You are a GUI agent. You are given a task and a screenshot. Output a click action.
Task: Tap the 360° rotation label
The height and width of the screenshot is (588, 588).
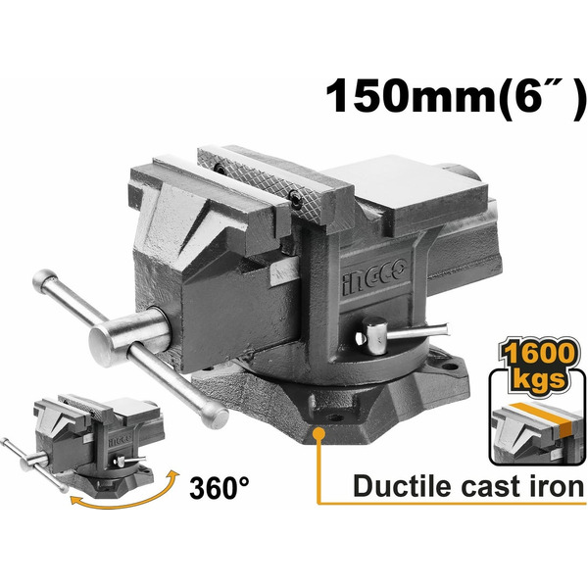(x=220, y=487)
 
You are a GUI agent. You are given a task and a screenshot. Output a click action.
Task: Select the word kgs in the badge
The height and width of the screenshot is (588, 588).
(x=539, y=379)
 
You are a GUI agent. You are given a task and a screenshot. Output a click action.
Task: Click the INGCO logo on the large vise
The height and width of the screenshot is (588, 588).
(x=374, y=275)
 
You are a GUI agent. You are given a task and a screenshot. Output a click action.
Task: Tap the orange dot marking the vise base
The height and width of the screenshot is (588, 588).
(x=318, y=433)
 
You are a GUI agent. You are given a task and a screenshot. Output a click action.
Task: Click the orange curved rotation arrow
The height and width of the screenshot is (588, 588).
(x=124, y=499)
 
